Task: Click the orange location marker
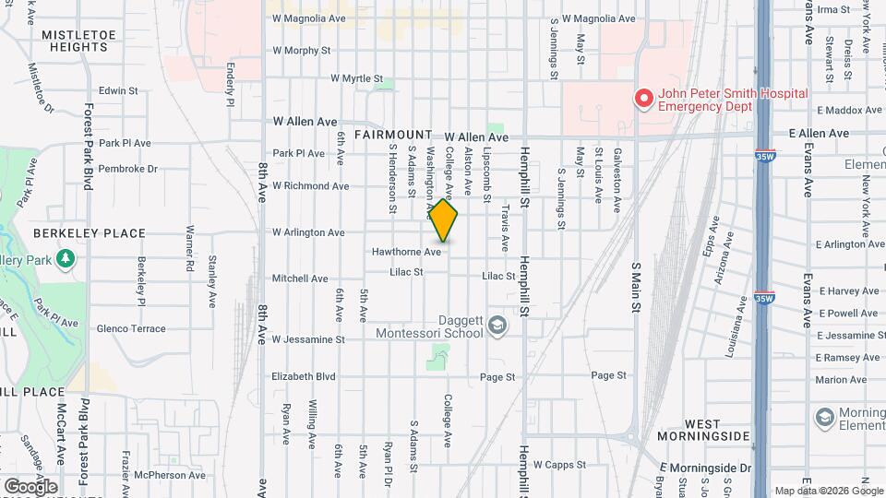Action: tap(444, 221)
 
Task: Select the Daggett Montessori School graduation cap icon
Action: tap(497, 325)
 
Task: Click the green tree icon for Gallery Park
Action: tap(65, 259)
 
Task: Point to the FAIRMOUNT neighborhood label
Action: tap(392, 134)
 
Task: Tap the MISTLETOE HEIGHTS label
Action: tap(75, 40)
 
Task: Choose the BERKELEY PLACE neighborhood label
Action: tap(89, 233)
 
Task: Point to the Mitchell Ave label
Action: tap(300, 279)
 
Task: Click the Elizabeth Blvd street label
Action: tap(303, 376)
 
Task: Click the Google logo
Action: tap(30, 486)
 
